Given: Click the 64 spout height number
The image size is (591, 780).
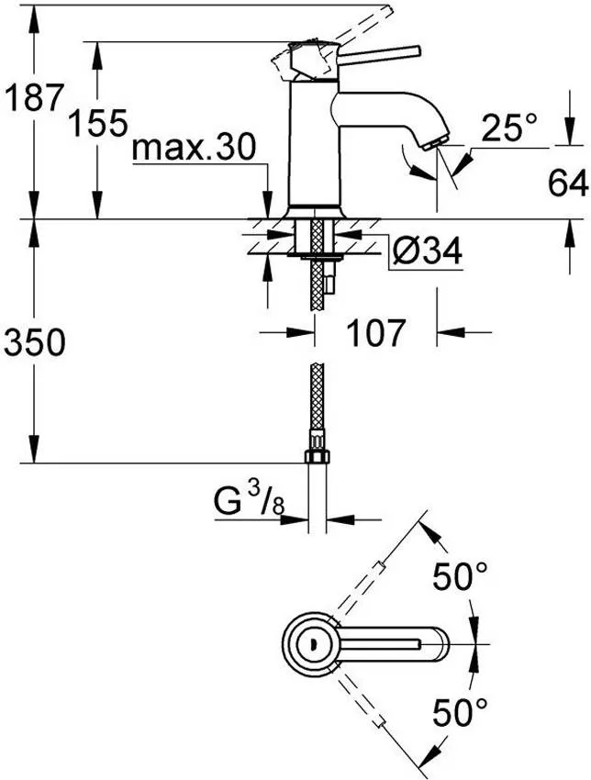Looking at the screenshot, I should tap(568, 184).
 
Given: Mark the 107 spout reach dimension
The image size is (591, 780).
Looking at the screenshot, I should tap(374, 332).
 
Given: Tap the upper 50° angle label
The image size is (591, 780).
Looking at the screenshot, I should tap(461, 578).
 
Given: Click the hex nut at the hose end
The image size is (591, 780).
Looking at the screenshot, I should tap(316, 456).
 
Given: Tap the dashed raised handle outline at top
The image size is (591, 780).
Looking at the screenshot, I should tap(358, 23).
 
